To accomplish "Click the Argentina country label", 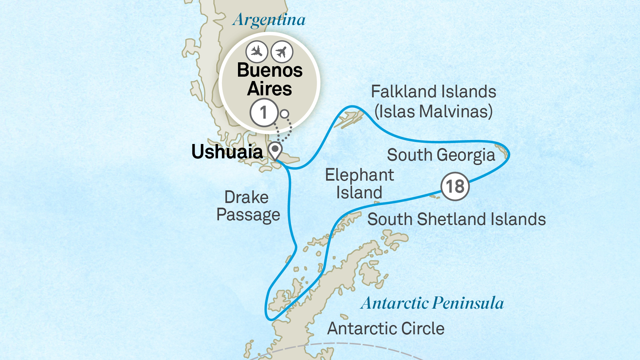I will pos(269,20).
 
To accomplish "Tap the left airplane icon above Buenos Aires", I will pos(256,52).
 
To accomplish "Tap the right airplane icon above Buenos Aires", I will pos(282,52).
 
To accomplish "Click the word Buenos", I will pos(270,70).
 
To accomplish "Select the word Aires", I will pos(269,89).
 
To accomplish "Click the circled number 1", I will pos(264,113).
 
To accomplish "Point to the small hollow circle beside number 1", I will pos(284,114).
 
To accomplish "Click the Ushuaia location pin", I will pos(275,150).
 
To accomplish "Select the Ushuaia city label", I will pos(227,152).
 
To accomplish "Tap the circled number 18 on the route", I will pos(455,186).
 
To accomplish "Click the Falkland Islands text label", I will pos(433,92).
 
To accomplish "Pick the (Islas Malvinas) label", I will pos(433,111).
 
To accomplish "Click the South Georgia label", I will pos(441,155).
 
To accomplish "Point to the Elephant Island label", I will pos(359,184).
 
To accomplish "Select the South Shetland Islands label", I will pos(456,219).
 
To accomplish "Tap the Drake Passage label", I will pos(248,206).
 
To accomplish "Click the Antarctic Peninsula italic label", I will pos(432,303).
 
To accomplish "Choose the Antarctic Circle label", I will pos(386,329).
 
